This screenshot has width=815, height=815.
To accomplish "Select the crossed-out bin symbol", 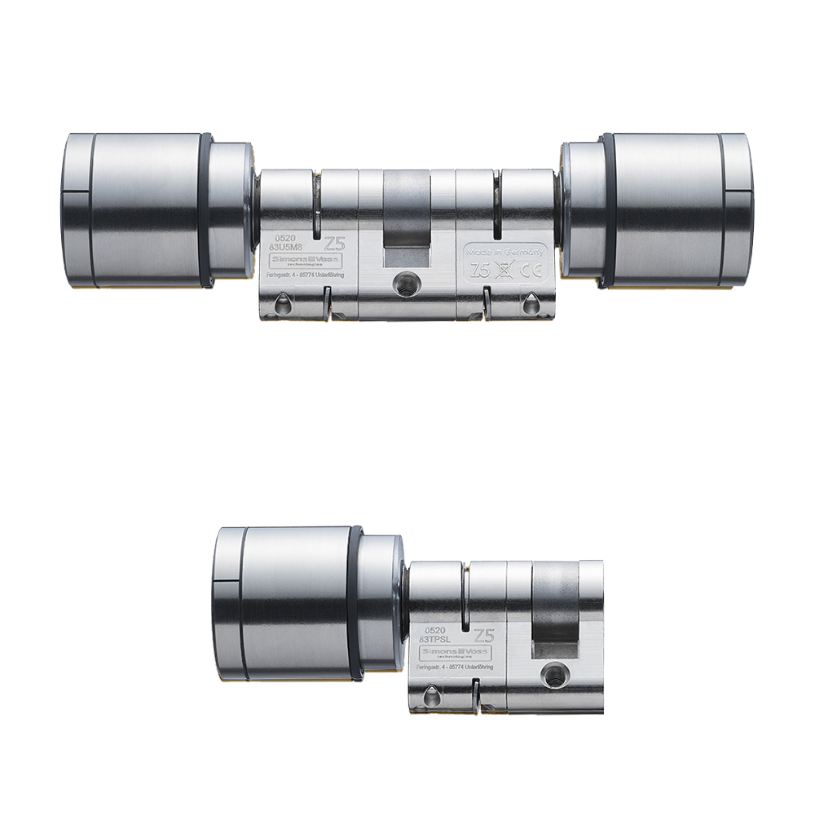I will tap(508, 273).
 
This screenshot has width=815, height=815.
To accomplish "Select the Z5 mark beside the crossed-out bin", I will tap(482, 272).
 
